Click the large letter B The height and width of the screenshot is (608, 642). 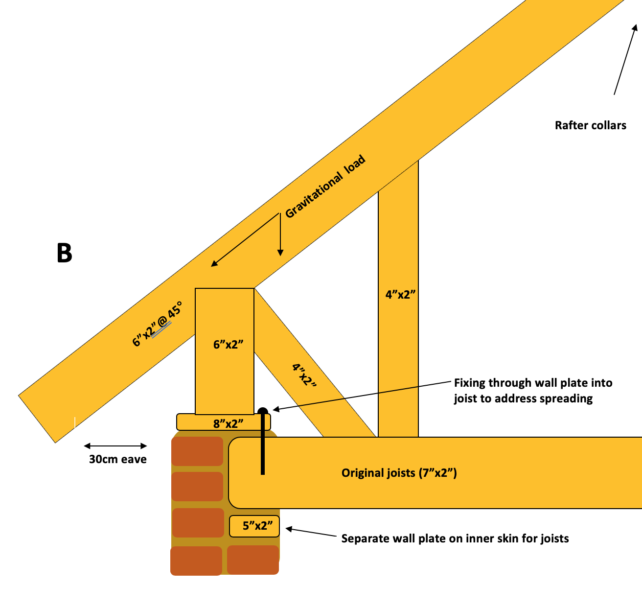click(x=64, y=253)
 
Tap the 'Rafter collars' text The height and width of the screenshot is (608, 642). click(x=591, y=125)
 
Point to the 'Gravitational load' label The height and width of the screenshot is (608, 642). click(x=325, y=186)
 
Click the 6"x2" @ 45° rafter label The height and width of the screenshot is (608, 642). click(x=157, y=324)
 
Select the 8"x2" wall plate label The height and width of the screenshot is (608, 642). click(x=228, y=424)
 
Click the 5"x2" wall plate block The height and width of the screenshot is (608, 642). click(x=254, y=526)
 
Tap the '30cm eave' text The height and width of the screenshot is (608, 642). click(x=117, y=459)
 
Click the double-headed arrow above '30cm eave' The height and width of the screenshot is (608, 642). click(x=115, y=445)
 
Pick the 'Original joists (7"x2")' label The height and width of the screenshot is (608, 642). click(x=399, y=473)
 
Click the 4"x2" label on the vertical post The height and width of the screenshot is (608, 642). click(x=400, y=294)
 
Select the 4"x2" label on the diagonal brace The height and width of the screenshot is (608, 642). click(x=304, y=374)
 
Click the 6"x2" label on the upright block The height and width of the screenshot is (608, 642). click(x=228, y=344)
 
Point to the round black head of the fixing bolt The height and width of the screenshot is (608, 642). click(x=263, y=412)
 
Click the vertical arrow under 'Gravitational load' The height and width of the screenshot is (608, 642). click(x=280, y=234)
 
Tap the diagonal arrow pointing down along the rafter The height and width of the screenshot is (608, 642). click(x=245, y=240)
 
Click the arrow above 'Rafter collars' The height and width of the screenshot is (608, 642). click(x=625, y=59)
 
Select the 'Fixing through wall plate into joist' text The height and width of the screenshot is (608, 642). click(x=533, y=391)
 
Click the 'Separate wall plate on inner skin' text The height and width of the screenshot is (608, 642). click(x=455, y=538)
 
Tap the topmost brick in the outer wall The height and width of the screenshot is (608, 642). click(x=197, y=451)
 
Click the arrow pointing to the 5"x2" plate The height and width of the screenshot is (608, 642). click(x=311, y=532)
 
